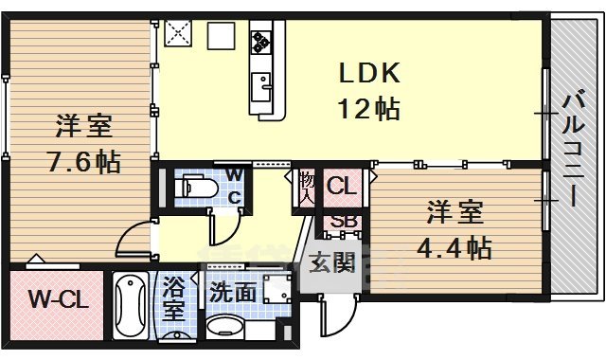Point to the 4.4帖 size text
[454, 247]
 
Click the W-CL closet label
[57, 301]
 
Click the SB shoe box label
[342, 224]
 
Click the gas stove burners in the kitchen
[261, 41]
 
